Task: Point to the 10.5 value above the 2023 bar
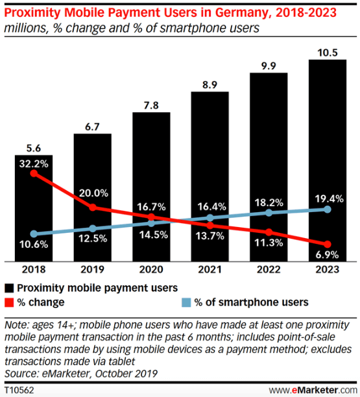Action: click(x=327, y=51)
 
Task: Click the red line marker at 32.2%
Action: click(x=34, y=173)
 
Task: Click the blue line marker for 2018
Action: click(x=34, y=234)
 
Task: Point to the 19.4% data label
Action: click(x=327, y=194)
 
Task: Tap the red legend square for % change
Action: click(x=10, y=302)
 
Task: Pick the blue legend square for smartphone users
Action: click(x=186, y=302)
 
